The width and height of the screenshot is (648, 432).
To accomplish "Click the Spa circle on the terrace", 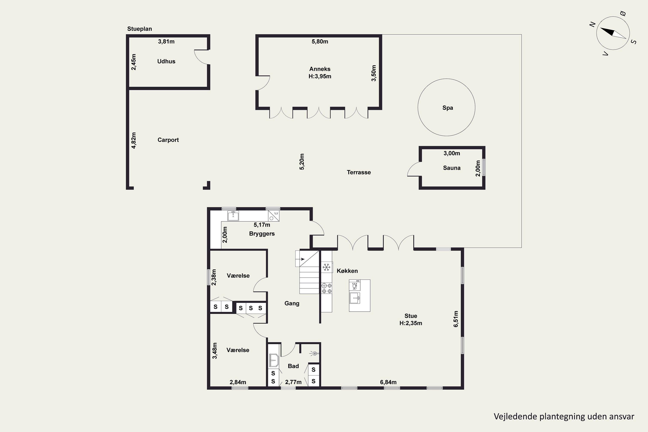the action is (418, 107).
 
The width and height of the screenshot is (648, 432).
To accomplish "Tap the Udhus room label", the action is (166, 61).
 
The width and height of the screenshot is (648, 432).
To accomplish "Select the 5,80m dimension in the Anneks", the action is (320, 42).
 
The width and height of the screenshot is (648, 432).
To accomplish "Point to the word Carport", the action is (168, 140).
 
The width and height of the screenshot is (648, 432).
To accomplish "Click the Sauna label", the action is (452, 168).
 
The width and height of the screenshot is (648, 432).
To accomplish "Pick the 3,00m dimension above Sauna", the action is (452, 153).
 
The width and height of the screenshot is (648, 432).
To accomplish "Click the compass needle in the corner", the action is (613, 33).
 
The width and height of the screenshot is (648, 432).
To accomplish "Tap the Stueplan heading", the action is (139, 29).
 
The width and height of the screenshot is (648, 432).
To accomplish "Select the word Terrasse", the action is (359, 172).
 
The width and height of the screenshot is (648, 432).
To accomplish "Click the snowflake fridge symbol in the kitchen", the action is (326, 267).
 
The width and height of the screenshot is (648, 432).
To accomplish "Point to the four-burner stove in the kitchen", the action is (326, 288).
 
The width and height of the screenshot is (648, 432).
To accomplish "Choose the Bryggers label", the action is (262, 234).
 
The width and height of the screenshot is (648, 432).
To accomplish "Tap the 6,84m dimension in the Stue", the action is (388, 382).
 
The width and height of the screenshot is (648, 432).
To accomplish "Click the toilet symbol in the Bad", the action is (314, 353).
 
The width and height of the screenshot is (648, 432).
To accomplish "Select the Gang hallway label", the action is (292, 303).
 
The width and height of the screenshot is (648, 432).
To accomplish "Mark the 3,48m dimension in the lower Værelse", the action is (215, 351).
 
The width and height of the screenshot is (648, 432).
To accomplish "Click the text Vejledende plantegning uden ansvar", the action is (564, 416).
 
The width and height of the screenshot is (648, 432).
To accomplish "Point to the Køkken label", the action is (347, 271).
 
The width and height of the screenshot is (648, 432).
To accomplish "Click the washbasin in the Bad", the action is (274, 360).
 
